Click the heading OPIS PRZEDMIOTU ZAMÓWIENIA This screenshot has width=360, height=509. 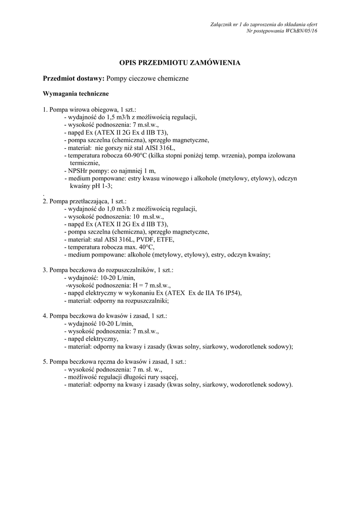180,63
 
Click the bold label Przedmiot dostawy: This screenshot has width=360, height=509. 74,79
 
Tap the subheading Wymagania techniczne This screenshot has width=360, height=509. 76,93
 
